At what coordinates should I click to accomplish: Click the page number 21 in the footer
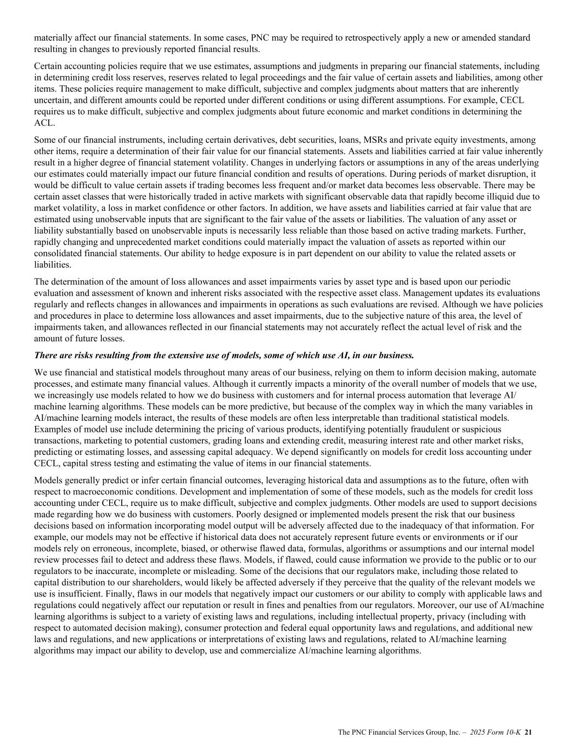[529, 732]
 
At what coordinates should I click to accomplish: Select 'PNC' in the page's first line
[260, 38]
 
